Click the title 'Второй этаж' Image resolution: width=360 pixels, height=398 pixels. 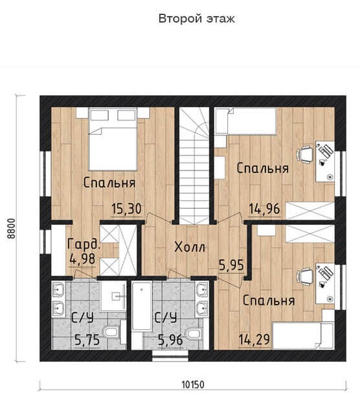point(196,19)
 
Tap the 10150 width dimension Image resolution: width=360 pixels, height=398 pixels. point(193,384)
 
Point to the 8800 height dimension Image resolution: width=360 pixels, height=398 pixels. point(12,228)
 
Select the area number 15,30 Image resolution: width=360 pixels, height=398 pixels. point(126,209)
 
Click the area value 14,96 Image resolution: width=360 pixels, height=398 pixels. point(264,209)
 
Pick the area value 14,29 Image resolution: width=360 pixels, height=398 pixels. point(254,339)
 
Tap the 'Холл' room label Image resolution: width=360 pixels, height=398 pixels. point(190,247)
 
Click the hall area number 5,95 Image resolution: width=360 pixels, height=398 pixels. point(231,266)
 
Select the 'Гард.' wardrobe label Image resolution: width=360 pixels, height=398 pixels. point(84,244)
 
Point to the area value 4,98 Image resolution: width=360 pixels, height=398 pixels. point(82,259)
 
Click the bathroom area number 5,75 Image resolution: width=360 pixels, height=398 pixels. point(87,340)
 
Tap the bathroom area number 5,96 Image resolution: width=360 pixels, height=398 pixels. point(170,340)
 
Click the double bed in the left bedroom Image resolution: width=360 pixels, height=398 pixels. point(113,139)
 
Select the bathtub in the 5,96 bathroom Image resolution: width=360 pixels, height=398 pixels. point(142,306)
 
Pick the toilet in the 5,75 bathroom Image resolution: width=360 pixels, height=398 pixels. point(111,332)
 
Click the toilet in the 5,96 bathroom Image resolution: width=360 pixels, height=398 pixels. point(195,333)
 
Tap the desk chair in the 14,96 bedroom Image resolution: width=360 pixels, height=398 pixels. point(305,154)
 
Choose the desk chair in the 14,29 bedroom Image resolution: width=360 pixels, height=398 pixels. point(305,277)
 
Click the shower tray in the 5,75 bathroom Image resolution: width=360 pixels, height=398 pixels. point(113,296)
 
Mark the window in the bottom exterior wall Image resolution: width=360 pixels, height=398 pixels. point(170,356)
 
